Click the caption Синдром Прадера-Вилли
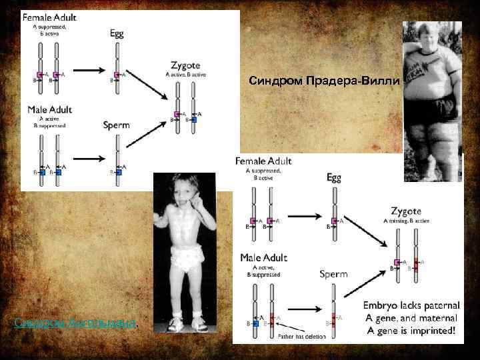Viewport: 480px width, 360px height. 324,81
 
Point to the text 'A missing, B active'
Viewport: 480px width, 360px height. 405,221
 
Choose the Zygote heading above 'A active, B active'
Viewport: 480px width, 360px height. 185,64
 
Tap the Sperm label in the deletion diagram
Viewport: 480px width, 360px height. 333,274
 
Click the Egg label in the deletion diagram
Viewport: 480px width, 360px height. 335,177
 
